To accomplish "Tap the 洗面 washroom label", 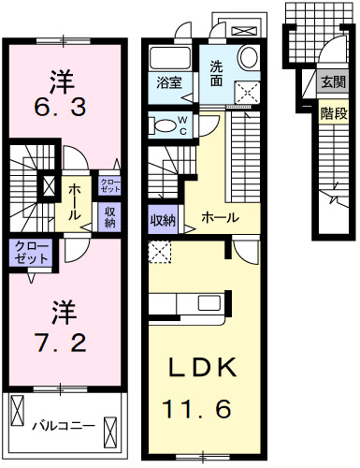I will click(x=216, y=73).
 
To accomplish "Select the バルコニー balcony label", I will click(x=64, y=426).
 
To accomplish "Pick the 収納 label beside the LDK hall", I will click(x=162, y=221).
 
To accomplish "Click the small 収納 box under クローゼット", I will click(x=110, y=216).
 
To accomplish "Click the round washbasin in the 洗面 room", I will click(x=249, y=58).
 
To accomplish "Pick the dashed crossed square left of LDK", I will click(x=158, y=250).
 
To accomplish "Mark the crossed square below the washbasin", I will click(x=249, y=92).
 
